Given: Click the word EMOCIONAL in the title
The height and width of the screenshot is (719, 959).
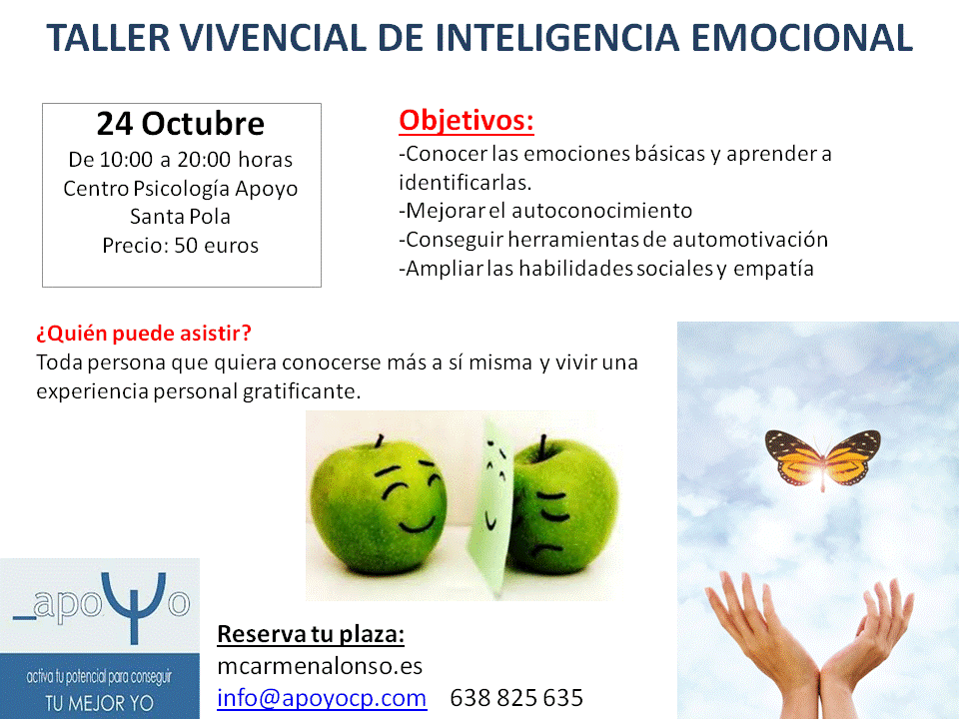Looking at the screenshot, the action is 802,38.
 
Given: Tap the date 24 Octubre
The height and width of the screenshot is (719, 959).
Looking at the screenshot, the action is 181,124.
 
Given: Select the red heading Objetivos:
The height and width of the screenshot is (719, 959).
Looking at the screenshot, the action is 467,120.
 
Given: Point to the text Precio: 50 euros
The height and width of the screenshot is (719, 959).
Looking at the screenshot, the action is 181,246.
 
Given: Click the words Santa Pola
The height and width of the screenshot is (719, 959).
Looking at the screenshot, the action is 181,217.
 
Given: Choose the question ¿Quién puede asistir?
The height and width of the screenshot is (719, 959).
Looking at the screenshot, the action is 144,334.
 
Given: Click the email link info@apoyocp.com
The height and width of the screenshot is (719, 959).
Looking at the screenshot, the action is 322,698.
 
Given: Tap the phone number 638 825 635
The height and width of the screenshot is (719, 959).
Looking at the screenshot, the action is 516,698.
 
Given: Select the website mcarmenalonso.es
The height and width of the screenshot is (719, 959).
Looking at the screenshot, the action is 320,666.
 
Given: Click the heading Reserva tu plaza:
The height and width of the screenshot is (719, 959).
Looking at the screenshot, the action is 311,634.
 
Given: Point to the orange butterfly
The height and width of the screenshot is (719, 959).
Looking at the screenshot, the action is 822,458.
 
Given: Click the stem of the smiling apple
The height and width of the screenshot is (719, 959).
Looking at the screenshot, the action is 380,440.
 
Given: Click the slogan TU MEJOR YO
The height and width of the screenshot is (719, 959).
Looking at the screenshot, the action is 99,703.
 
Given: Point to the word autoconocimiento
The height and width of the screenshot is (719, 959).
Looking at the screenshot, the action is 601,211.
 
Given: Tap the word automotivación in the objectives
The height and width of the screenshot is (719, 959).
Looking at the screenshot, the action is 750,239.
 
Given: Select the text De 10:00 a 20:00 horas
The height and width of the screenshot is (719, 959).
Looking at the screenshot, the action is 181,160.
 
